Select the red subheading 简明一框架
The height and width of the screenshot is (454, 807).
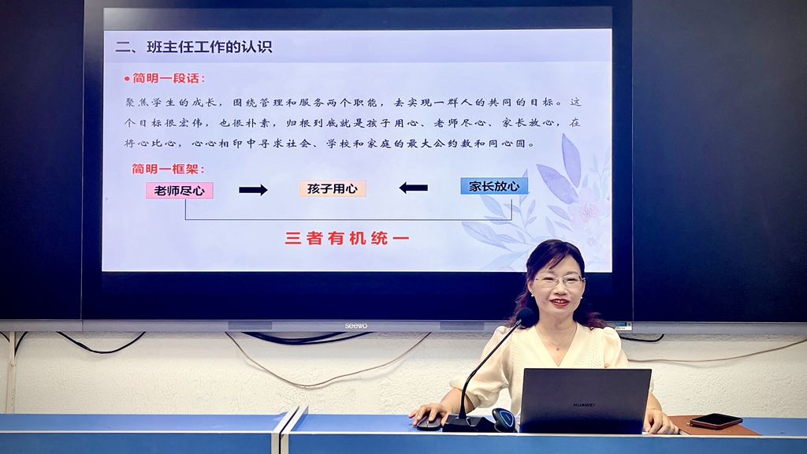(x=169, y=169)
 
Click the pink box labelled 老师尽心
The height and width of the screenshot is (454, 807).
(x=179, y=191)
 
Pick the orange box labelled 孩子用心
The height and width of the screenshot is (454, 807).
(x=333, y=188)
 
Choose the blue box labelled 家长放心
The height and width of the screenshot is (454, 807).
(x=494, y=186)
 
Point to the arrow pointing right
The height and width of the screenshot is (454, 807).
(x=253, y=190)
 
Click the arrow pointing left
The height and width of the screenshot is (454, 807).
(x=413, y=188)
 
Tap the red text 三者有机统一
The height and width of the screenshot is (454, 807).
(x=347, y=238)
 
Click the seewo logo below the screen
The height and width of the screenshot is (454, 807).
(x=356, y=326)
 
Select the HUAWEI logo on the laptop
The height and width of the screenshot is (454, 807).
(x=584, y=405)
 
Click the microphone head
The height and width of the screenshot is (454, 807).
(x=526, y=317)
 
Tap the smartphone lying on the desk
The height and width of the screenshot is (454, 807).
(x=716, y=421)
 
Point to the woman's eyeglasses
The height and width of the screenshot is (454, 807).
(x=560, y=281)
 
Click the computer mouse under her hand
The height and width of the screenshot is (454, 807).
(x=430, y=422)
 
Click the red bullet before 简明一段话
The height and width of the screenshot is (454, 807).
(x=127, y=79)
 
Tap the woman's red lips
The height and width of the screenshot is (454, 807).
(x=559, y=302)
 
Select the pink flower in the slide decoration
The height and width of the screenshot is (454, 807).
(x=586, y=211)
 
